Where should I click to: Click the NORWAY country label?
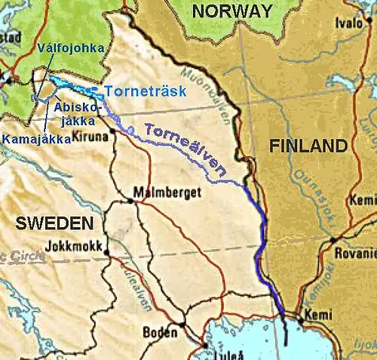tap(231, 11)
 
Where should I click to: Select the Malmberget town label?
tap(167, 193)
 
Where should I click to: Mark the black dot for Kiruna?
tap(113, 131)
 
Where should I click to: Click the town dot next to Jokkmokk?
tap(107, 251)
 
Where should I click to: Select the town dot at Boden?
tap(182, 326)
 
